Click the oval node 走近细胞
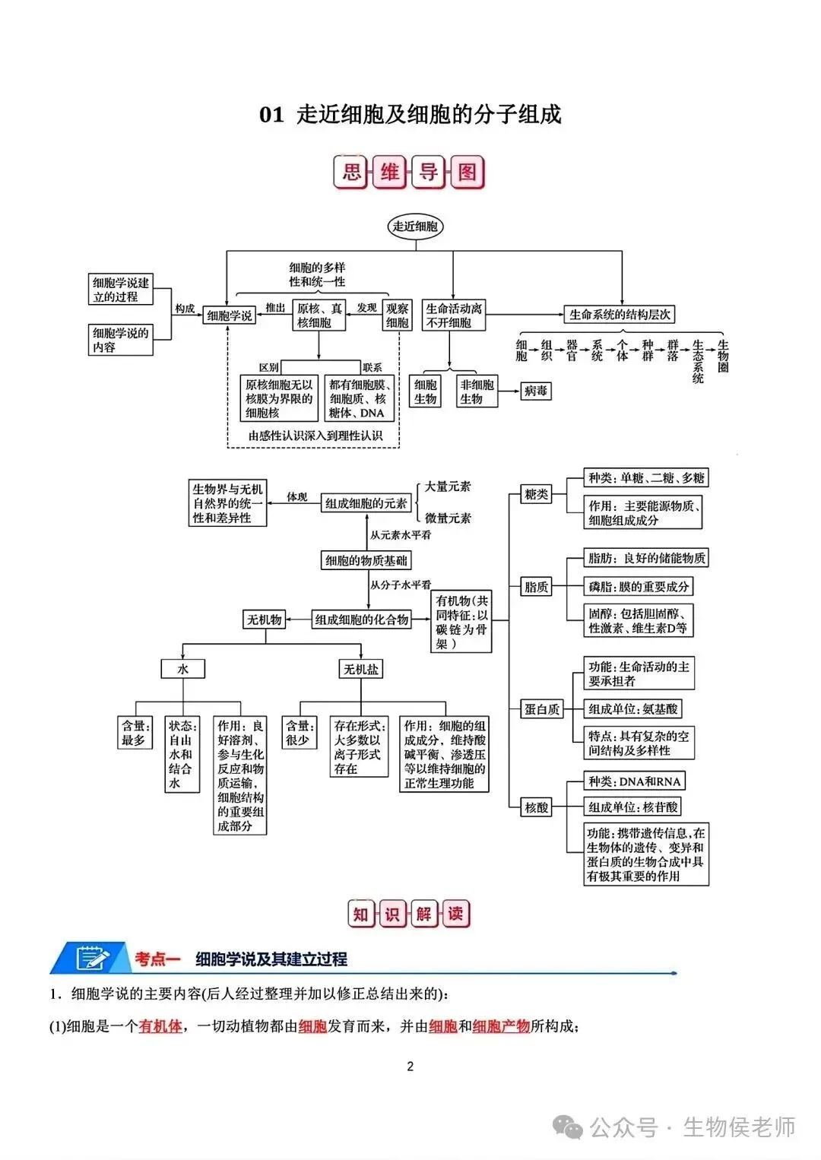415,227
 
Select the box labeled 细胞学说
229,315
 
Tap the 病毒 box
535,391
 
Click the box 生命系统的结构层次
620,314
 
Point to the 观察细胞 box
397,315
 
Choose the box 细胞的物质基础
366,560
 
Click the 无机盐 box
361,669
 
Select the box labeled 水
182,669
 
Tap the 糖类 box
536,494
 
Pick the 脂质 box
536,587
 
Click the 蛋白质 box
542,709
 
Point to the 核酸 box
537,807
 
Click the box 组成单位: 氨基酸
633,709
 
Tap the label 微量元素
448,518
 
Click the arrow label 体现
296,497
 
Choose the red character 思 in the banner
351,172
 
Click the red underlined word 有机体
160,1026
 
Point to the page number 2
410,1067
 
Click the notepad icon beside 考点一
93,959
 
